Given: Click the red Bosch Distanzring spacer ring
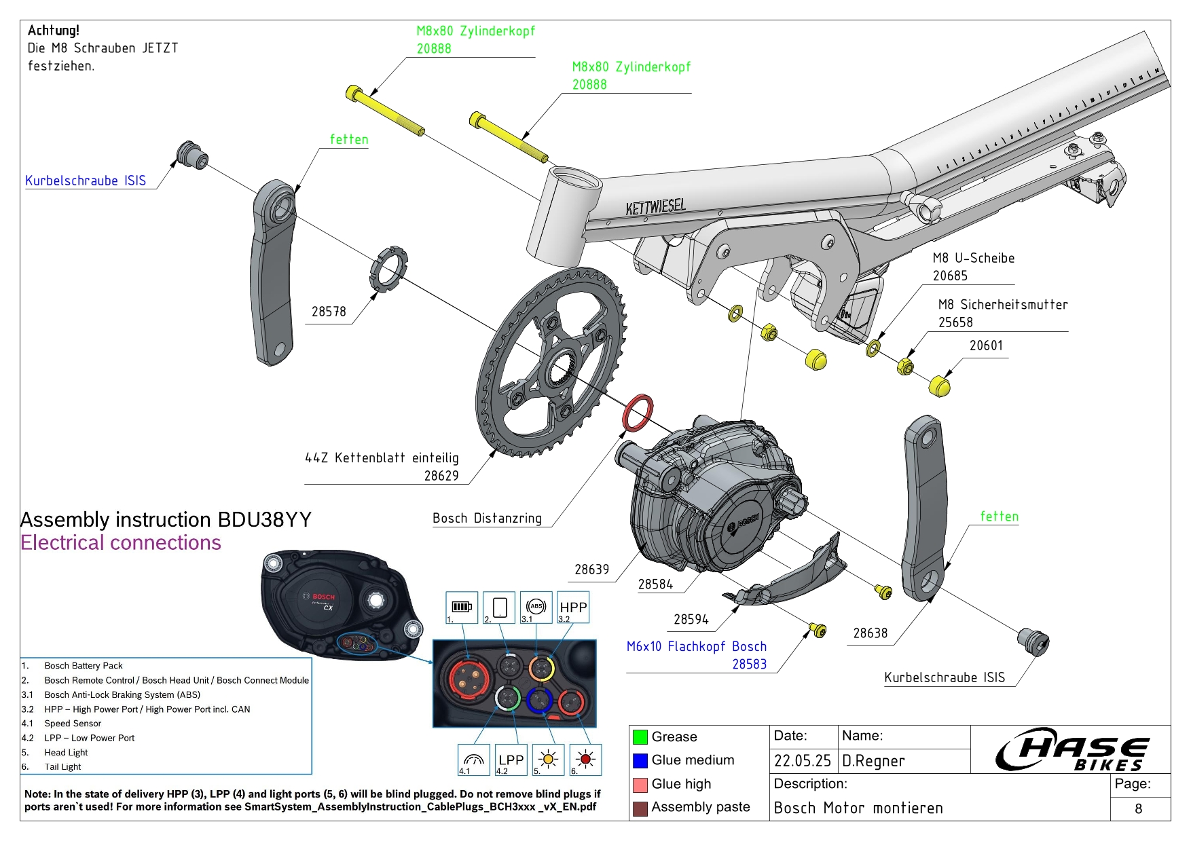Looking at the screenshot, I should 638,413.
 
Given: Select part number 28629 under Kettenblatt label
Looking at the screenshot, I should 441,476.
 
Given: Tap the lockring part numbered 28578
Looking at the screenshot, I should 388,270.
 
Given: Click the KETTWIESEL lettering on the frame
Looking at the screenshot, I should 655,206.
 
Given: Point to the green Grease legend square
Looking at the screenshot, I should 640,736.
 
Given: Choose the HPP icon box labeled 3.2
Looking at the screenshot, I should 573,608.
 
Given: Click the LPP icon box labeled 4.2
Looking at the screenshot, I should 511,760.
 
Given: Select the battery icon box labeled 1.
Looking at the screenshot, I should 462,608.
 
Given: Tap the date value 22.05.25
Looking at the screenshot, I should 803,761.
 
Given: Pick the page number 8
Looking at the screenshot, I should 1138,808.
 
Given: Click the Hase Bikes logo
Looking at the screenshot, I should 1072,750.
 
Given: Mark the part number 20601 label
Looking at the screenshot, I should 986,345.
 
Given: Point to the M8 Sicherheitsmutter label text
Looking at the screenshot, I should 1002,305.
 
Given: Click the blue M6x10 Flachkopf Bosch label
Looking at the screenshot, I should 696,646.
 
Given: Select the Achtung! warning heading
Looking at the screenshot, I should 54,31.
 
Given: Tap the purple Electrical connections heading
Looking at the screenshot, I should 121,542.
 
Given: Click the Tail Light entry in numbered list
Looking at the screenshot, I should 62,766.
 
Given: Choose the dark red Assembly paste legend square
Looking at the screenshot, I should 640,808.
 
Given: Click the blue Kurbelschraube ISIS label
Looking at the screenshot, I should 86,181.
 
